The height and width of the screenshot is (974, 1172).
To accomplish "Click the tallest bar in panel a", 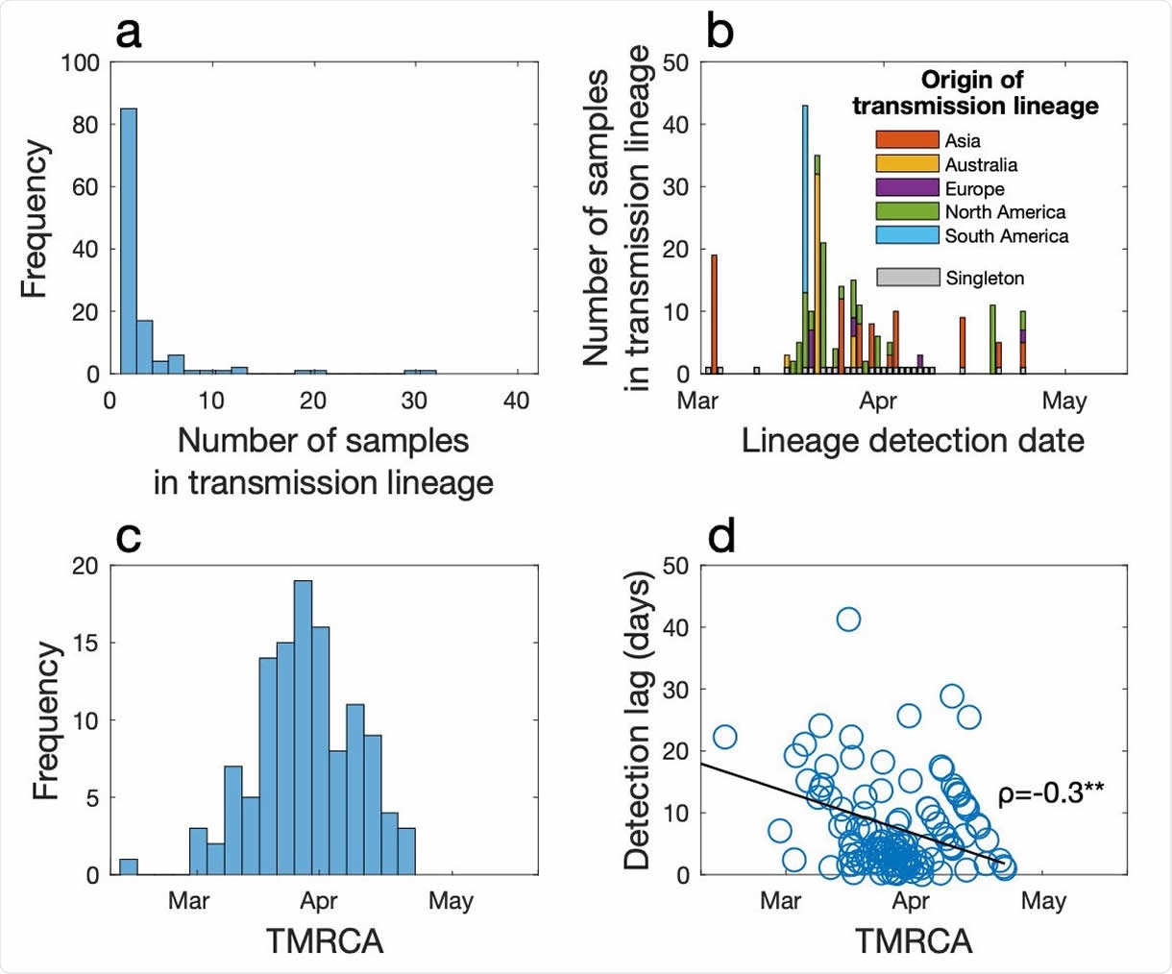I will (x=128, y=240).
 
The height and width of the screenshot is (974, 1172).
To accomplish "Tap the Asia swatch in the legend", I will (x=907, y=140).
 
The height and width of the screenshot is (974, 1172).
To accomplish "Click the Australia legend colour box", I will (x=907, y=164).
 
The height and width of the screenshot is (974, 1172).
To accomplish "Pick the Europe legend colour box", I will (x=907, y=188).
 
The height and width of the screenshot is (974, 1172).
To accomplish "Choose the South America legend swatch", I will (x=907, y=235).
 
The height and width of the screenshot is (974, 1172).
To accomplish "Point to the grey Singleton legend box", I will (x=907, y=278).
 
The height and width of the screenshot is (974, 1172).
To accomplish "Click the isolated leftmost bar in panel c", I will (x=128, y=866).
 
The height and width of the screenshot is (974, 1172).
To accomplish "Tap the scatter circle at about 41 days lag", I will (x=848, y=620).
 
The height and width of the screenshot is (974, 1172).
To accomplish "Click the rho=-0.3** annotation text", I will (x=1050, y=793).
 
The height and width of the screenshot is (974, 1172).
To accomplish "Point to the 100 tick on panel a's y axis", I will (x=80, y=63).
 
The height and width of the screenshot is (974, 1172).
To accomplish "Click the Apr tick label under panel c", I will (x=319, y=901).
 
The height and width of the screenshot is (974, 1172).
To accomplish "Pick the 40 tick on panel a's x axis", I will (x=516, y=400).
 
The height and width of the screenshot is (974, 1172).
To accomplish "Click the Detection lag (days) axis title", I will (x=638, y=720).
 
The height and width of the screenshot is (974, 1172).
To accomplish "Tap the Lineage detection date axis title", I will (x=913, y=441).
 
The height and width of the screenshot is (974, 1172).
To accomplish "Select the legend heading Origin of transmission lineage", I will (x=974, y=92).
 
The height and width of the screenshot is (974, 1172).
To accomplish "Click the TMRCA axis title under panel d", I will (x=913, y=941).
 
